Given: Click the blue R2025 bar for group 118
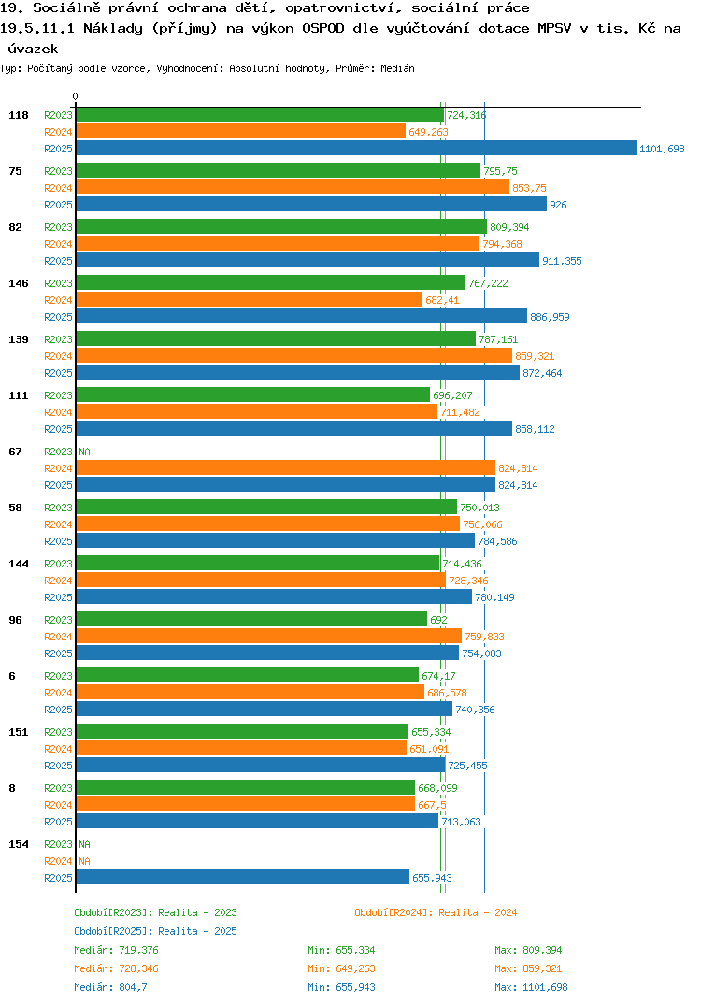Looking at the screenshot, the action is (357, 148).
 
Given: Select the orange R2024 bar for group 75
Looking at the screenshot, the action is (293, 187).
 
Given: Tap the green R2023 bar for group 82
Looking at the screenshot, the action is (281, 226).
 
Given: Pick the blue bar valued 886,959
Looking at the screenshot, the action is (302, 316).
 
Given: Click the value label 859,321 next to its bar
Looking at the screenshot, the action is (535, 356).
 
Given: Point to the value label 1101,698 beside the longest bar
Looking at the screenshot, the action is (662, 149).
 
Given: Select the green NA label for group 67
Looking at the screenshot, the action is (84, 452).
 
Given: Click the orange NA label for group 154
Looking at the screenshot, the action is (84, 861).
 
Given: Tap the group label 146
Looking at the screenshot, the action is (19, 283).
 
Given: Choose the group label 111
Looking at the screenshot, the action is (19, 395).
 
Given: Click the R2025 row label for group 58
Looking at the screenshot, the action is (58, 541).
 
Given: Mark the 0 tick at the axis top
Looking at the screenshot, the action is (76, 96).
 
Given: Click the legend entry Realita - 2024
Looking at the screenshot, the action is (436, 912).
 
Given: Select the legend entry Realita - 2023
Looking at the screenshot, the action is (155, 912).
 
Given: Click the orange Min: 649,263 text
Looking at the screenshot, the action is (341, 968).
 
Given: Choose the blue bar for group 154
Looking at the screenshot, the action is (243, 877).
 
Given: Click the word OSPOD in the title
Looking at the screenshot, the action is (323, 29).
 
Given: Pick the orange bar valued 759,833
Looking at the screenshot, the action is (269, 636).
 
